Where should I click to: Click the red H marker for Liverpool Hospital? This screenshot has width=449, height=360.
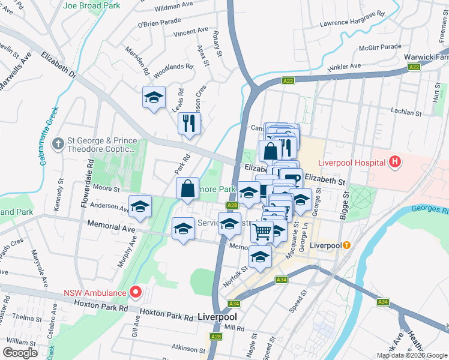pyautogui.click(x=394, y=161)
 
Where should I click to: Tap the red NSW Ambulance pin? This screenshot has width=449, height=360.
pyautogui.click(x=136, y=292)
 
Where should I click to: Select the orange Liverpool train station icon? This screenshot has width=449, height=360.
pyautogui.click(x=346, y=245)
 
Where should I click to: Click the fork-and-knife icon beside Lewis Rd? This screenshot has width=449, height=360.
pyautogui.click(x=190, y=123)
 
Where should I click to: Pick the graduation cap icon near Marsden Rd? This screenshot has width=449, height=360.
pyautogui.click(x=154, y=97)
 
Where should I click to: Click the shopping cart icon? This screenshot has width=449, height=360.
pyautogui.click(x=262, y=231)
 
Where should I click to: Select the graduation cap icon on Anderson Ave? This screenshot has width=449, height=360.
pyautogui.click(x=140, y=207)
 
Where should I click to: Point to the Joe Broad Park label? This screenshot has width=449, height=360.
pyautogui.click(x=91, y=6)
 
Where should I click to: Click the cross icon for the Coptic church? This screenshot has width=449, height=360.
pyautogui.click(x=58, y=144)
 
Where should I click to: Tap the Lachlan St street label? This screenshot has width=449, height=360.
pyautogui.click(x=406, y=112)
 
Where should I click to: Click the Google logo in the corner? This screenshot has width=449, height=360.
pyautogui.click(x=20, y=353)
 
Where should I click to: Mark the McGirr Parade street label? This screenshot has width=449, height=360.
pyautogui.click(x=381, y=46)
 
